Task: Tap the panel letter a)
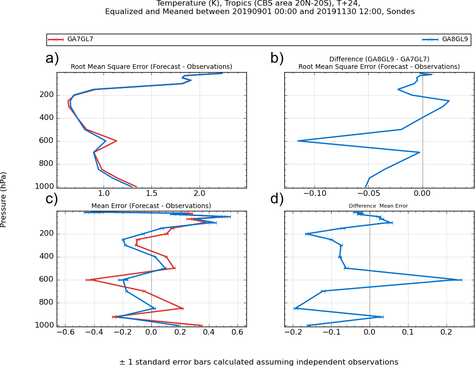click(x=52, y=59)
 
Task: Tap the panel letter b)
click(x=277, y=59)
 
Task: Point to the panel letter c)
click(x=52, y=199)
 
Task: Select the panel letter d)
click(x=277, y=199)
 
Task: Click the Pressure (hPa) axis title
click(x=4, y=200)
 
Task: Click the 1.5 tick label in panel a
click(x=151, y=193)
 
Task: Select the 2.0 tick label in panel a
click(x=200, y=193)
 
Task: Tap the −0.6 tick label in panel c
click(x=65, y=332)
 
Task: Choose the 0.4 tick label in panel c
click(x=209, y=332)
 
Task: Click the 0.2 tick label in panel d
click(x=446, y=332)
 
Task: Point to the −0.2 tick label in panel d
click(x=293, y=332)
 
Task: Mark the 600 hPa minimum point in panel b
click(x=298, y=141)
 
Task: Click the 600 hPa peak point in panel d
click(x=457, y=280)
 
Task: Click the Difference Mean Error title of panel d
click(x=379, y=206)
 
